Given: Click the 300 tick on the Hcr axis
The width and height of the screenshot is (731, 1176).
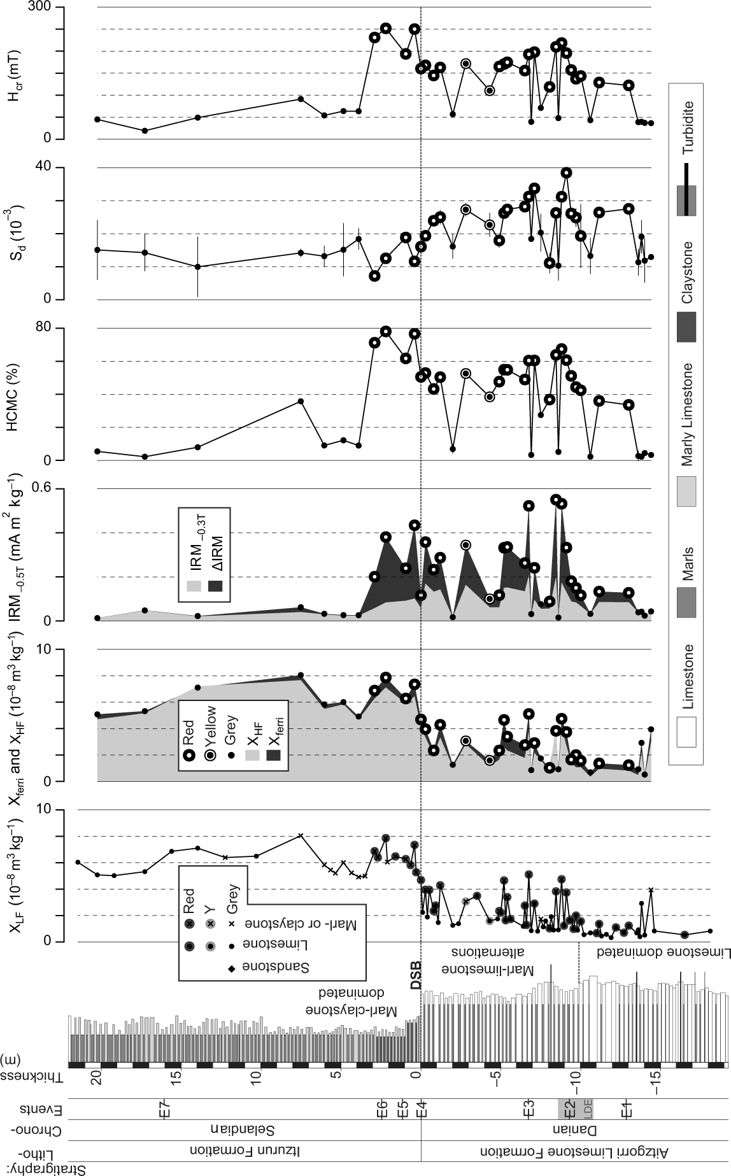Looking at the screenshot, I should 50,8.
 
